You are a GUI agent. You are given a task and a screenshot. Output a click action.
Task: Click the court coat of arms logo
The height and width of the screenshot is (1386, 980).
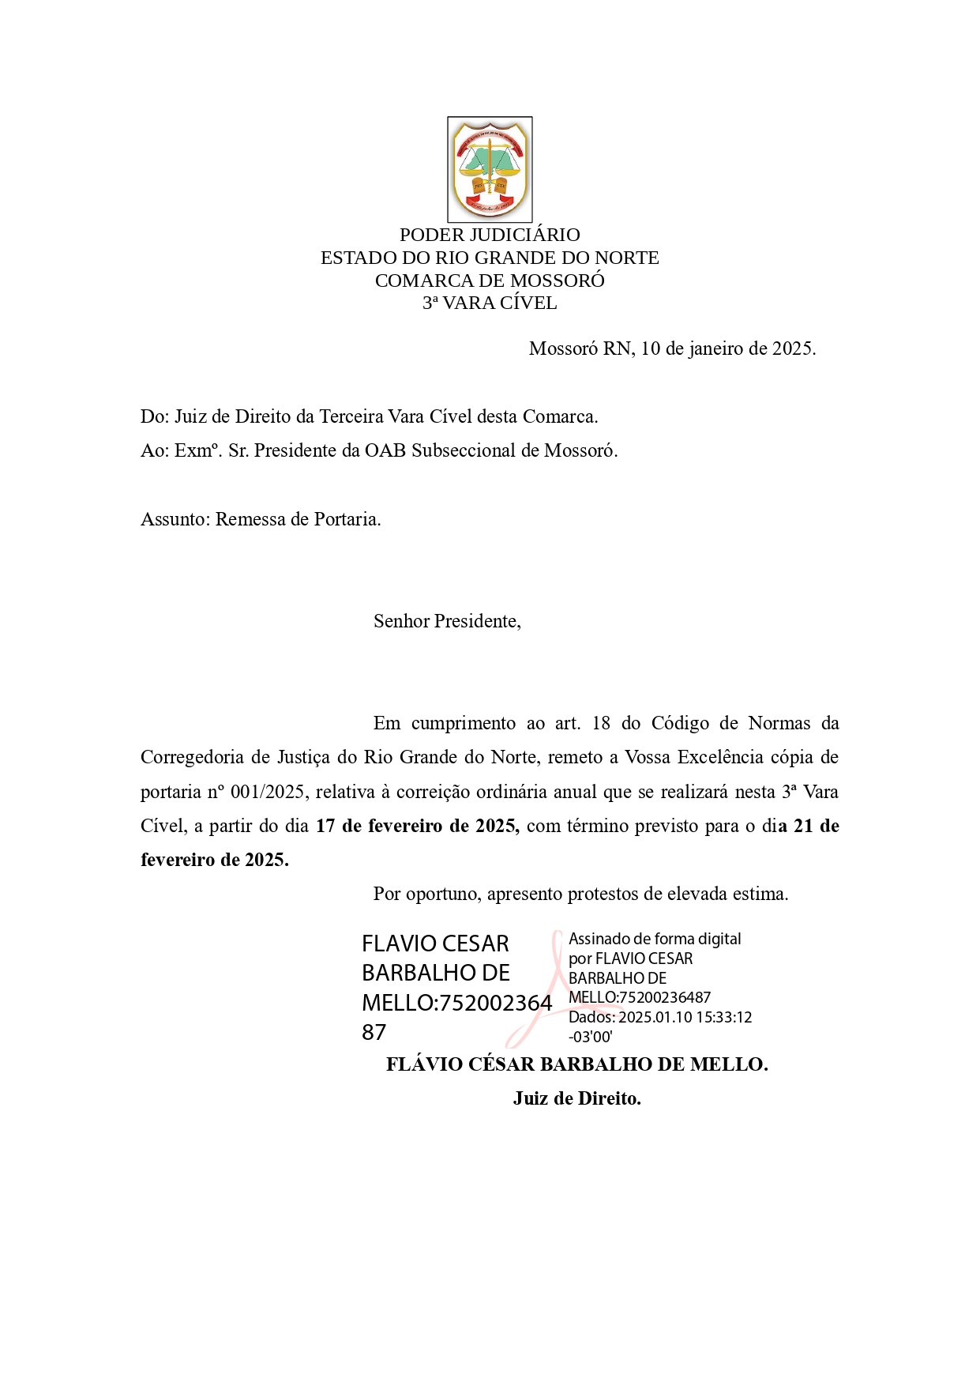pos(490,169)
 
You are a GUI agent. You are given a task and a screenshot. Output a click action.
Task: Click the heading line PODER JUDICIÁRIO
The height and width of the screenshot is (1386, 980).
pos(490,235)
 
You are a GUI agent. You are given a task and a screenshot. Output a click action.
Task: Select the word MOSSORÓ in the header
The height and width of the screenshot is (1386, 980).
pos(558,281)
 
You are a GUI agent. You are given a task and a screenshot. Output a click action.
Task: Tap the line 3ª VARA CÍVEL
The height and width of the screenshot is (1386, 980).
pos(490,303)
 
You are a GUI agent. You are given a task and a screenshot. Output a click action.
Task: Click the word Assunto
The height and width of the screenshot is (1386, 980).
pos(175,519)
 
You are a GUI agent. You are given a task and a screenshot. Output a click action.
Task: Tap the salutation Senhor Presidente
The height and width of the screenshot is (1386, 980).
pos(446,621)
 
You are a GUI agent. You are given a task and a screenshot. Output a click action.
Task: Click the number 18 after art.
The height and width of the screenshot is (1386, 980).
pos(601,723)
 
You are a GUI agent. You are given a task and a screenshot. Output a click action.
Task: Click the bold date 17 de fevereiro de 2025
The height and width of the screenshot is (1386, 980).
pos(417,826)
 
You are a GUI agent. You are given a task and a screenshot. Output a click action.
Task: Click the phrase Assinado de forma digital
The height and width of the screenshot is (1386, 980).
pos(655,939)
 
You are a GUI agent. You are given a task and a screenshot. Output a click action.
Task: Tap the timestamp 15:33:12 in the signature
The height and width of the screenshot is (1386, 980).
pos(723,1017)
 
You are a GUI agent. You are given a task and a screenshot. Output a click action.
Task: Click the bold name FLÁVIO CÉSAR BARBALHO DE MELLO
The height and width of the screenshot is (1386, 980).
pos(576,1064)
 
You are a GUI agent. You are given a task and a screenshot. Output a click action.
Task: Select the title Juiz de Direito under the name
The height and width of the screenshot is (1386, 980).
pos(576,1098)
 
